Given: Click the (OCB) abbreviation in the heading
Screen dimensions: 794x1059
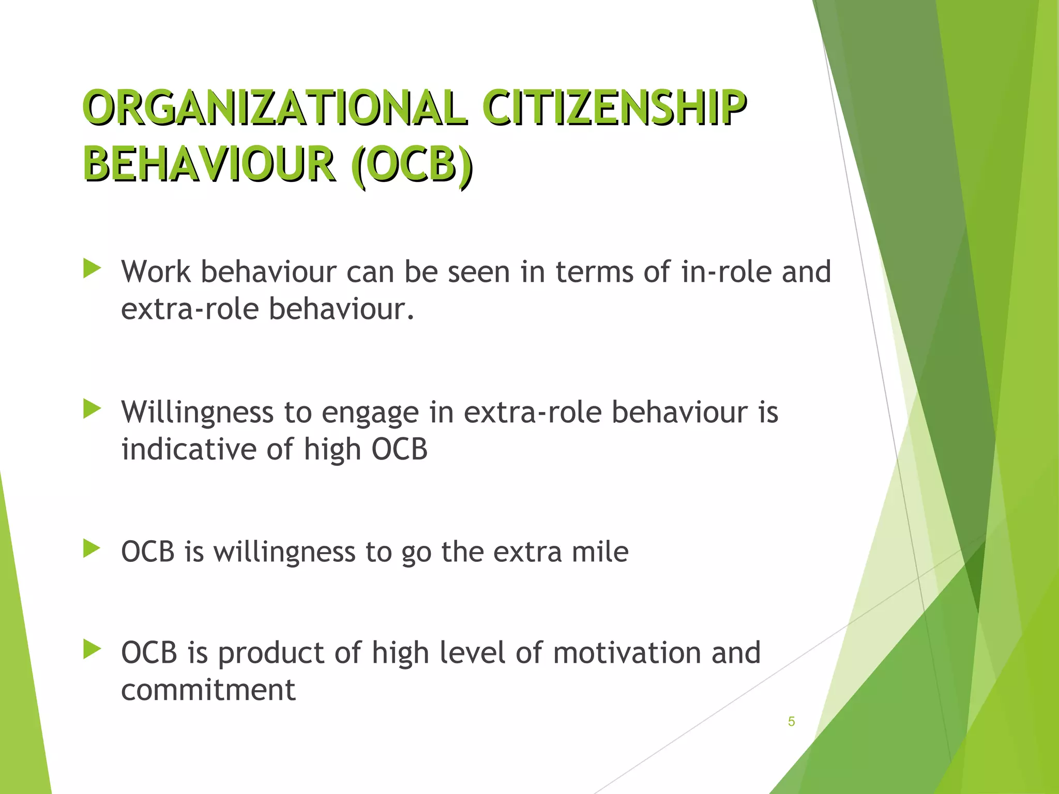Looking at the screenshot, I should (x=411, y=165).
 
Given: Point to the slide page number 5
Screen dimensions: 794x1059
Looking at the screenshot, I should (x=791, y=722).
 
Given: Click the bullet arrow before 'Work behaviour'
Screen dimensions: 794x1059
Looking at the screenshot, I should (x=92, y=269).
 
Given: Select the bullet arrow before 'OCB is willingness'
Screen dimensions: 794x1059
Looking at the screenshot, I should (x=92, y=548).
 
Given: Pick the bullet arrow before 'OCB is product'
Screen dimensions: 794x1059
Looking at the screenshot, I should (x=92, y=649).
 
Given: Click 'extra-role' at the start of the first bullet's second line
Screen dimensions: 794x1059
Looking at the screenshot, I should (x=189, y=309).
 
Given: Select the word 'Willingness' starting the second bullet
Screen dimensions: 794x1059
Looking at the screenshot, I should (x=197, y=413).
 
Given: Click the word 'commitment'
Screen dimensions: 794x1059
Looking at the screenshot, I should (x=208, y=690).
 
